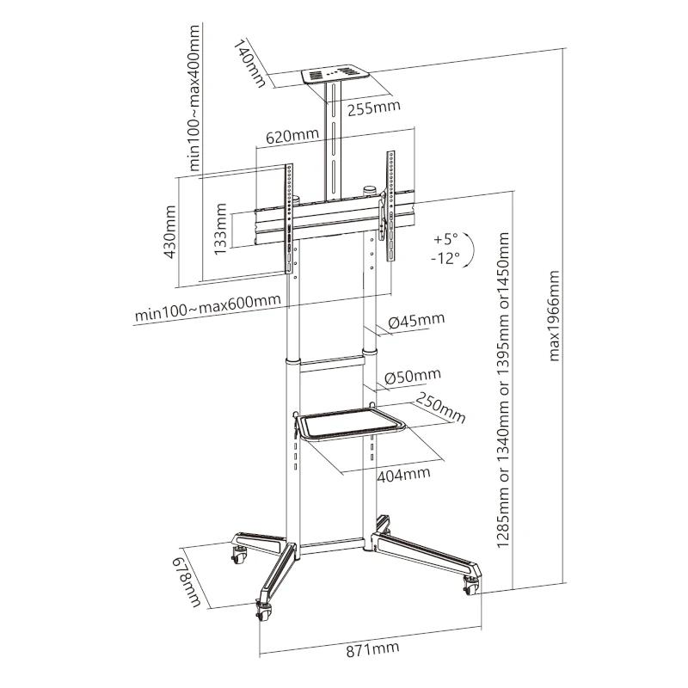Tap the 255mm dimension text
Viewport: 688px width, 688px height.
(375, 108)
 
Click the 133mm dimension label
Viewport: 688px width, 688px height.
(222, 229)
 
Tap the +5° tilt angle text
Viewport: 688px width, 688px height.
(448, 237)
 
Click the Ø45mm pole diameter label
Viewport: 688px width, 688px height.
(416, 321)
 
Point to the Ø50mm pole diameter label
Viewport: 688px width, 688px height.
(412, 376)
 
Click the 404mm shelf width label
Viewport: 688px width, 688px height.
(402, 473)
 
